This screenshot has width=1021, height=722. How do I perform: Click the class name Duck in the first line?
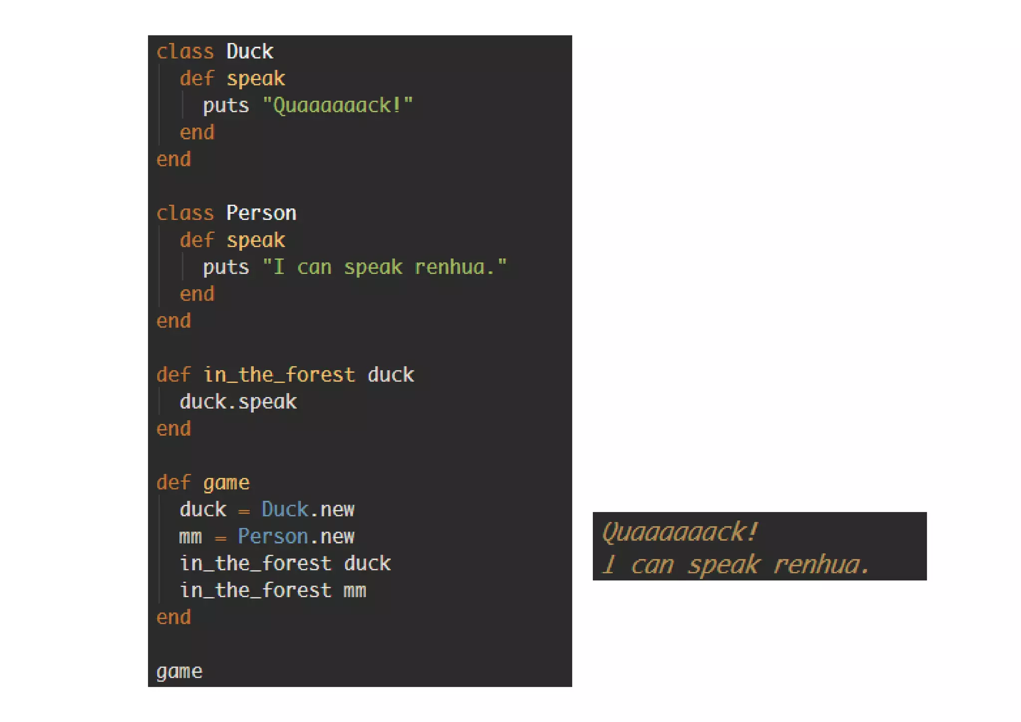250,51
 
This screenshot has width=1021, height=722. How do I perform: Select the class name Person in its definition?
261,213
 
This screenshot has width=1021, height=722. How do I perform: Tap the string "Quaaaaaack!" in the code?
338,105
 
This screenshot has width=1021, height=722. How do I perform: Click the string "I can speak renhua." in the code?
384,267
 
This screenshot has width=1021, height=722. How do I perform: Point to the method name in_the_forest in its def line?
279,374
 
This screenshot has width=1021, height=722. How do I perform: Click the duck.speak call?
238,401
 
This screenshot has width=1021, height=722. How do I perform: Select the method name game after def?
226,482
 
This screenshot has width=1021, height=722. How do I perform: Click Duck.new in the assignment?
308,509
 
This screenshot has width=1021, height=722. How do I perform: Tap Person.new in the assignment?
296,536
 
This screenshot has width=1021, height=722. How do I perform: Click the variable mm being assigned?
190,537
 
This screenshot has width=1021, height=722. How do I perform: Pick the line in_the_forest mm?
273,590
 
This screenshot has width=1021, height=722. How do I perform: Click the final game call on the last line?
179,671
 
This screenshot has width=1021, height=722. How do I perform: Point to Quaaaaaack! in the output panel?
680,532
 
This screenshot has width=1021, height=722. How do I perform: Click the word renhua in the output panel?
817,564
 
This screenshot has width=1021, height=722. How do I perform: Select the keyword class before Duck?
185,51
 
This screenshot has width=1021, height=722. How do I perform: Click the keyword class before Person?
185,213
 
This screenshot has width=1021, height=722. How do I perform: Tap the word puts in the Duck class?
226,106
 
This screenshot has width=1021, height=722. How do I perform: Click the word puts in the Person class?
226,267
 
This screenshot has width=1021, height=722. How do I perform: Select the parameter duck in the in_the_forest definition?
391,374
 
